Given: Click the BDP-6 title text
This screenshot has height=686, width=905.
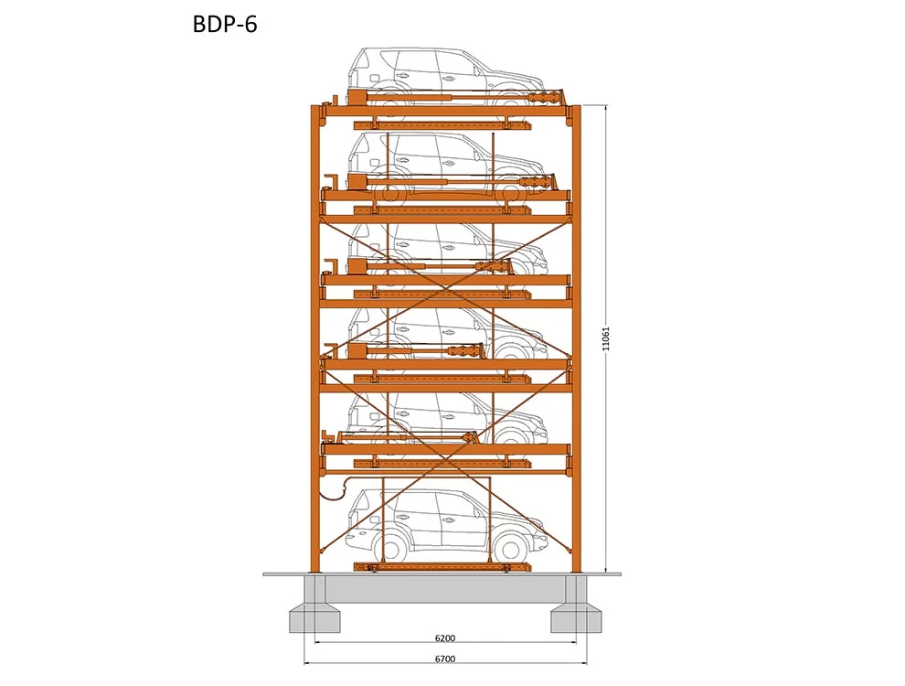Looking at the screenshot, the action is [225, 25].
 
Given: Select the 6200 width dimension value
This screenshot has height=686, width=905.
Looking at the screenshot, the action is [445, 638].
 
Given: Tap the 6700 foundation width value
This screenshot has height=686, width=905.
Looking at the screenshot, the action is [445, 659].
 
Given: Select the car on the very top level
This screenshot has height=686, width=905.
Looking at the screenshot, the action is [445, 77].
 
